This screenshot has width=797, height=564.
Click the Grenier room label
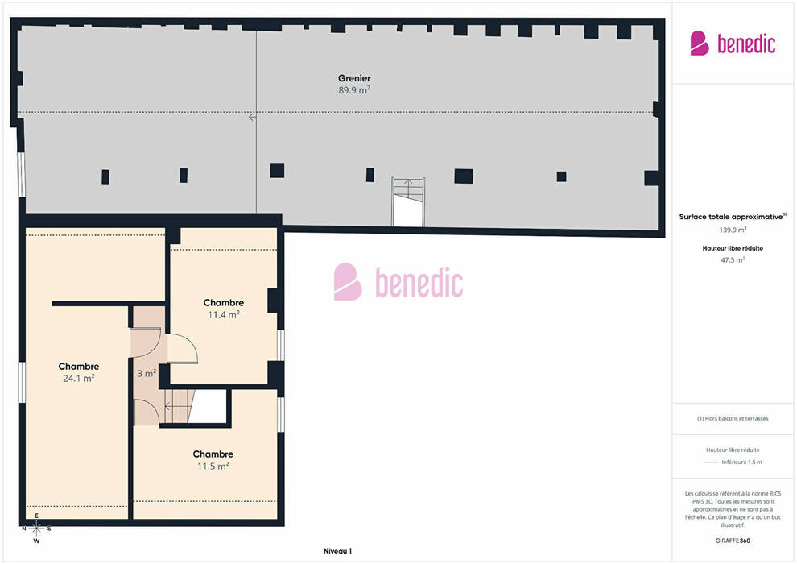click(354, 78)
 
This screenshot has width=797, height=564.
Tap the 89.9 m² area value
click(354, 90)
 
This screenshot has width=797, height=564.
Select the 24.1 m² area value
click(79, 379)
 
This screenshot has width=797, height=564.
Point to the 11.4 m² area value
click(224, 315)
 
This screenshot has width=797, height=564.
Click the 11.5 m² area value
click(213, 466)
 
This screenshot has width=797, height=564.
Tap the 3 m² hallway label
click(147, 373)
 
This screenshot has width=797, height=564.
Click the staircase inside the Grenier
click(408, 202)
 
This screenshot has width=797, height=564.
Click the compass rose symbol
click(36, 529)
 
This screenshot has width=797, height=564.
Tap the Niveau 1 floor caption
click(337, 551)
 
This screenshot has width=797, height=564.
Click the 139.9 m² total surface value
click(733, 230)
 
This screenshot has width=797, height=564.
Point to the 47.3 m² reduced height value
click(733, 260)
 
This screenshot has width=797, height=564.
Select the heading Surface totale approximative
click(731, 217)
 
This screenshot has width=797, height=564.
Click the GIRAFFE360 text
click(733, 541)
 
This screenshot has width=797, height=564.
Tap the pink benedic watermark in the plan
click(398, 282)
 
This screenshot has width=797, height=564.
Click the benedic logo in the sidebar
click(733, 44)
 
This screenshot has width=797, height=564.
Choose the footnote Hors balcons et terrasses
click(733, 418)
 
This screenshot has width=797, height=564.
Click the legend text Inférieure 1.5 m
click(741, 462)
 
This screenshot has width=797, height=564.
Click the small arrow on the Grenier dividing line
click(252, 118)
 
